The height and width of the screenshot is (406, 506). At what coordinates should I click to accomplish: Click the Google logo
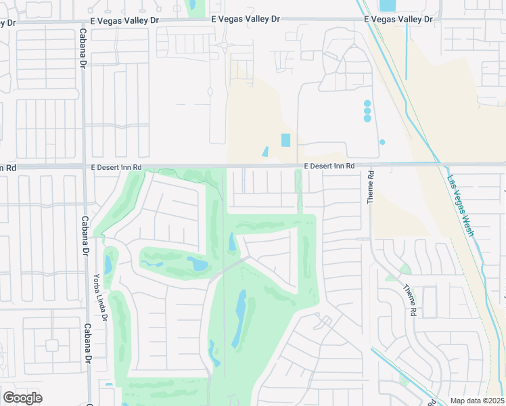[22, 398]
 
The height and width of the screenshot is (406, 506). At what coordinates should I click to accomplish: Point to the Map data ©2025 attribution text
[476, 401]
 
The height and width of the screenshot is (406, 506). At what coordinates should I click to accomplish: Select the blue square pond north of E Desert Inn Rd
[285, 140]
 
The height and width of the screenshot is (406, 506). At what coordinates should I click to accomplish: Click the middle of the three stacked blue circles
[367, 111]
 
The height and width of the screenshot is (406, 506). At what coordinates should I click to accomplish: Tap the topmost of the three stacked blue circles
[367, 104]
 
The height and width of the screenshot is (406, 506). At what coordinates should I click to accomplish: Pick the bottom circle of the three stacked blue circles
[367, 118]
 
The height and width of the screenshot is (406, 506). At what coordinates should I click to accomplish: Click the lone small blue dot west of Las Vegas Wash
[382, 142]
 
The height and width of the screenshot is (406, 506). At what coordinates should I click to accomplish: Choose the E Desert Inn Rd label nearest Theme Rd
[329, 166]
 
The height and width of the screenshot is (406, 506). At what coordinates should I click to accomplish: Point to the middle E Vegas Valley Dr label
[245, 20]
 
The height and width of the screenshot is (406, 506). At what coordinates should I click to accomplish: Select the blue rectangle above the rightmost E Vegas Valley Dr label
[388, 5]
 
